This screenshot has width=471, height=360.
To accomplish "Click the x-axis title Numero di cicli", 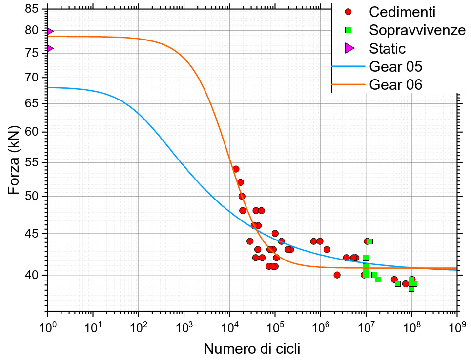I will tap(251, 349).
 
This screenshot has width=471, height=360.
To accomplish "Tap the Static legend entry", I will tap(388, 48).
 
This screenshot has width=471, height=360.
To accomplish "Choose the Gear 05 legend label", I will tap(396, 66).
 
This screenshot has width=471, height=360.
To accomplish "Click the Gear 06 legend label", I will tap(396, 84).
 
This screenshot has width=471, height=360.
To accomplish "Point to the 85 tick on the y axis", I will tap(31, 9).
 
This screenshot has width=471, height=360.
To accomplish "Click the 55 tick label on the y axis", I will tap(31, 163).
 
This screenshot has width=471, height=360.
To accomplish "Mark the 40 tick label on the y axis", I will tap(31, 275).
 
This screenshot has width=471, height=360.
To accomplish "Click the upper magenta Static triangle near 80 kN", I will tap(49, 31).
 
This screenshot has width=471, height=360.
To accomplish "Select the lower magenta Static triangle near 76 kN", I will tap(49, 48).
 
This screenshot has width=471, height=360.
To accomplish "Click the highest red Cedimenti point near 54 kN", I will tap(236, 169).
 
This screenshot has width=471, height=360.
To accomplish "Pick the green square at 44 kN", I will tap(370, 241).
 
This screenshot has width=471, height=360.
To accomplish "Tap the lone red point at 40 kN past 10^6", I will tap(337, 275).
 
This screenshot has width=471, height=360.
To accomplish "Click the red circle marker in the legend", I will tap(348, 12).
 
